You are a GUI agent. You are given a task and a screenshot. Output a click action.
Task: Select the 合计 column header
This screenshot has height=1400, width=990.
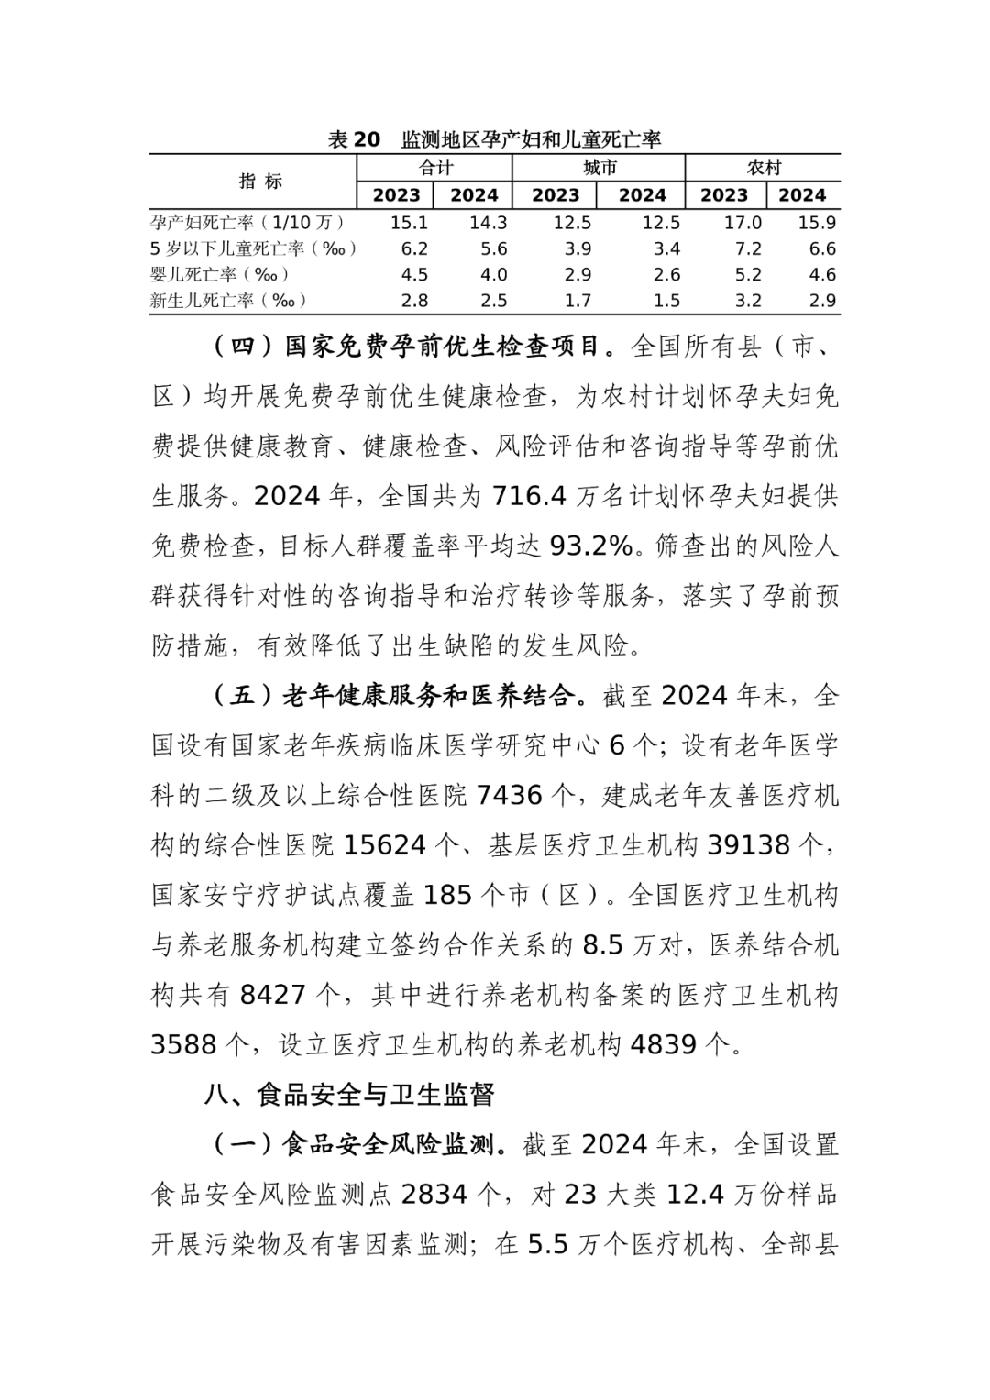tap(434, 168)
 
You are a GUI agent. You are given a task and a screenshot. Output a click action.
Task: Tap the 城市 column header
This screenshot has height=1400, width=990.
tap(599, 168)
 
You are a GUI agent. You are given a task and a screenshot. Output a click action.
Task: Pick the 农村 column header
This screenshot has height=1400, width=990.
tap(763, 168)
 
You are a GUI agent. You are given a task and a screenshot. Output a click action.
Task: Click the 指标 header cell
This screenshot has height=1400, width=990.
tap(260, 181)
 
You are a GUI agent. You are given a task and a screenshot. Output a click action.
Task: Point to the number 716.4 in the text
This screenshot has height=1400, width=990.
tap(528, 496)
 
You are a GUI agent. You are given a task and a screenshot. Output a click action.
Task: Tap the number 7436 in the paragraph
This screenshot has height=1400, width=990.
tap(510, 794)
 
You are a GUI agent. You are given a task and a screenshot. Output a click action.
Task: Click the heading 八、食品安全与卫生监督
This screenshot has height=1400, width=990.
tap(351, 1094)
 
